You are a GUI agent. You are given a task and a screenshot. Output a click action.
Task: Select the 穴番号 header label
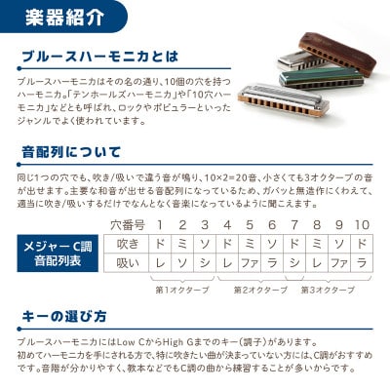126,225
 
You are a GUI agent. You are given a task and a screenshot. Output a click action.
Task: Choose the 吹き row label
127,242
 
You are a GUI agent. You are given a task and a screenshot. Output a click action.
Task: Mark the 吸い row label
127,263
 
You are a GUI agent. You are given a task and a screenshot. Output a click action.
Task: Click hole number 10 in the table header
363,225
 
